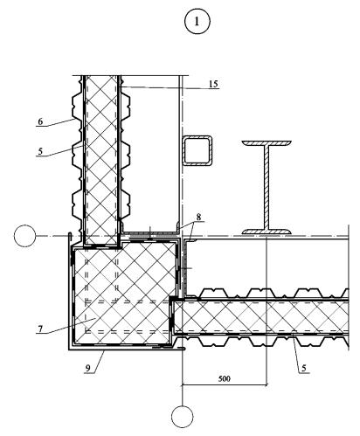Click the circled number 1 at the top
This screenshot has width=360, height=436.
[x=197, y=22]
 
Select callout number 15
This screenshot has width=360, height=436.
[x=213, y=84]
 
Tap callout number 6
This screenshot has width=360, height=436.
[x=40, y=121]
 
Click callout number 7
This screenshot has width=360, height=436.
[x=40, y=329]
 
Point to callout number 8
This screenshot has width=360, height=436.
[x=198, y=217]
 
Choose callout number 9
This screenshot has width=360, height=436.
[x=87, y=368]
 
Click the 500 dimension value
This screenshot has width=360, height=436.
[x=225, y=378]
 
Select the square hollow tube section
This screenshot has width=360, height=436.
[x=197, y=150]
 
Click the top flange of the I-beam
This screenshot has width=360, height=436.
[x=267, y=143]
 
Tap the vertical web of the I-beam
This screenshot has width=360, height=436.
[x=267, y=187]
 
